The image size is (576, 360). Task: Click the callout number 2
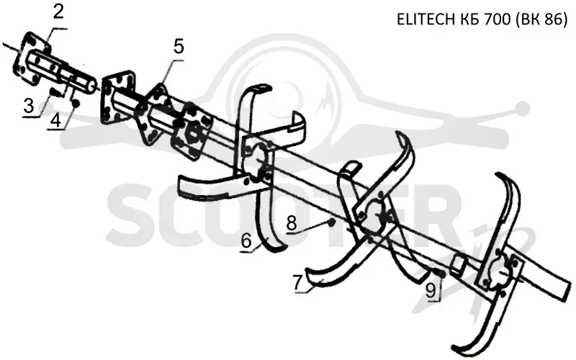pyautogui.click(x=58, y=12)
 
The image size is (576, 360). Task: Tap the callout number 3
pyautogui.click(x=29, y=105)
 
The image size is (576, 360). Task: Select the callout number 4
pyautogui.click(x=56, y=120)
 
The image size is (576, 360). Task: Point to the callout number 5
pyautogui.click(x=179, y=46)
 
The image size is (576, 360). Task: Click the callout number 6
pyautogui.click(x=246, y=241)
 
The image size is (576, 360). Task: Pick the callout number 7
pyautogui.click(x=297, y=282)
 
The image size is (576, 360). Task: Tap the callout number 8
pyautogui.click(x=292, y=222)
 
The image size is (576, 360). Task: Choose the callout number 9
pyautogui.click(x=431, y=290)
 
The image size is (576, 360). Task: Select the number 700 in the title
pyautogui.click(x=498, y=19)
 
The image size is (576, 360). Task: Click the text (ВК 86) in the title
pyautogui.click(x=541, y=20)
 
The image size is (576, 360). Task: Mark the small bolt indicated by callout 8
pyautogui.click(x=331, y=222)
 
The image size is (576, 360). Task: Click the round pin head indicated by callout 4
pyautogui.click(x=76, y=104)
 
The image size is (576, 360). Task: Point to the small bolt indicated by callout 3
pyautogui.click(x=55, y=92)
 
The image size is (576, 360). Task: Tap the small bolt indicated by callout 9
pyautogui.click(x=439, y=273)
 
